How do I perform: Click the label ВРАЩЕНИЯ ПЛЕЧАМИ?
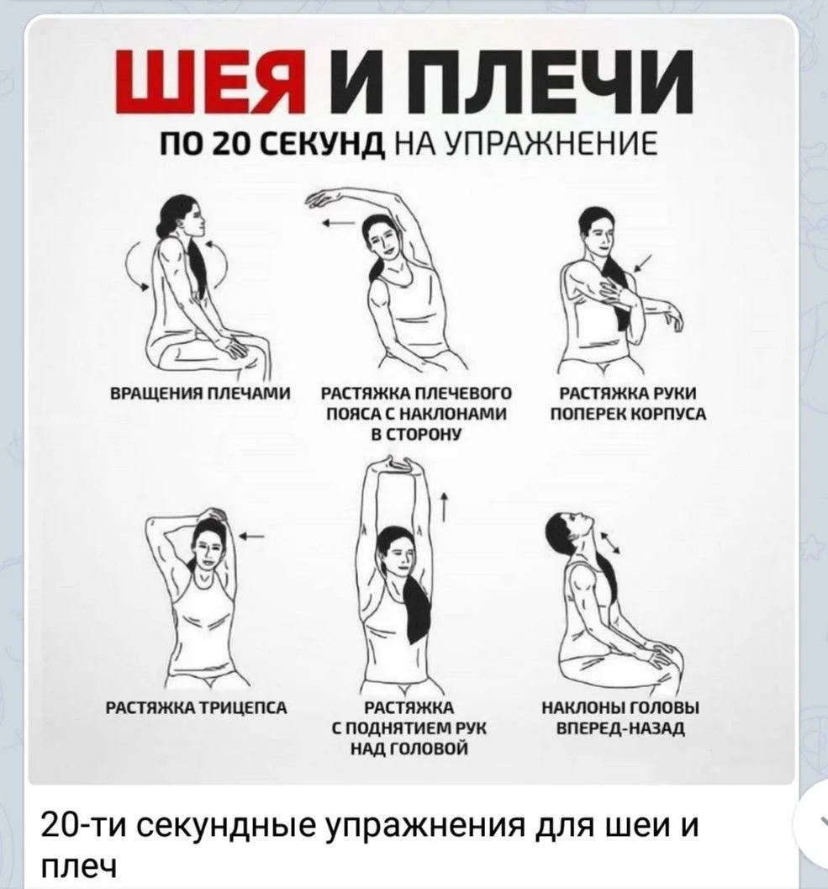click(199, 393)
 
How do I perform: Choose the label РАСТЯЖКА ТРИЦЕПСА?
click(198, 707)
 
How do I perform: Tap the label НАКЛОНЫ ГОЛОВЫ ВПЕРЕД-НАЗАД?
click(621, 717)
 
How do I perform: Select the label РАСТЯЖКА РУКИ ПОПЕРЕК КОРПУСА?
click(629, 404)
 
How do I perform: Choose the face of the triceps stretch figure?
click(209, 551)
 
